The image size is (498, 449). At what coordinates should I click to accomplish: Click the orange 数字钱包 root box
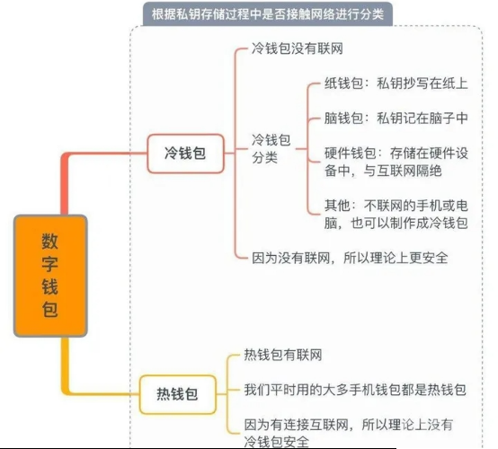point(50,276)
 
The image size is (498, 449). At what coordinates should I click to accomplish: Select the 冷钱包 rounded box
point(185,154)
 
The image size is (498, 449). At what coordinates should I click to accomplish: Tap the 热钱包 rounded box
point(178,394)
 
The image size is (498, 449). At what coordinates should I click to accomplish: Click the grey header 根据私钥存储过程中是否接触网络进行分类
point(267,14)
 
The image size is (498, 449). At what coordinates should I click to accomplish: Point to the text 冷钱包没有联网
point(298,48)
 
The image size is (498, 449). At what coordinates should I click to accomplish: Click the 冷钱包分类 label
point(271,148)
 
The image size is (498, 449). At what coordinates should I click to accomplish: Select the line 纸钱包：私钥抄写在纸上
point(396,84)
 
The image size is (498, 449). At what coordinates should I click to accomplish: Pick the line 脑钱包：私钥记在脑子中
point(396,118)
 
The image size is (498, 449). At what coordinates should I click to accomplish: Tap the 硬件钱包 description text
point(396,162)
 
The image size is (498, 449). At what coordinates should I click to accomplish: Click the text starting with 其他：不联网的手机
point(396,215)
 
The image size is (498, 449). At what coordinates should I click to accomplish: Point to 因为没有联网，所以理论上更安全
point(350,258)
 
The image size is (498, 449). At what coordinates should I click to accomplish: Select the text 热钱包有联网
point(282,355)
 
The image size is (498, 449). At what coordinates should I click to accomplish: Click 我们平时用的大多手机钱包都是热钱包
point(355,390)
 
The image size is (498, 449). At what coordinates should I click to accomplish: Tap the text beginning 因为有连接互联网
point(349,433)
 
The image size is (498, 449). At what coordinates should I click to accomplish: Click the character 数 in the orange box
point(50,242)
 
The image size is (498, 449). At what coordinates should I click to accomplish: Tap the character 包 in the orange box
point(50,310)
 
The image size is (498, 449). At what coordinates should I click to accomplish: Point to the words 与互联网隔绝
point(403,171)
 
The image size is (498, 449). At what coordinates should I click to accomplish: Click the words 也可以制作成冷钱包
point(409,223)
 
